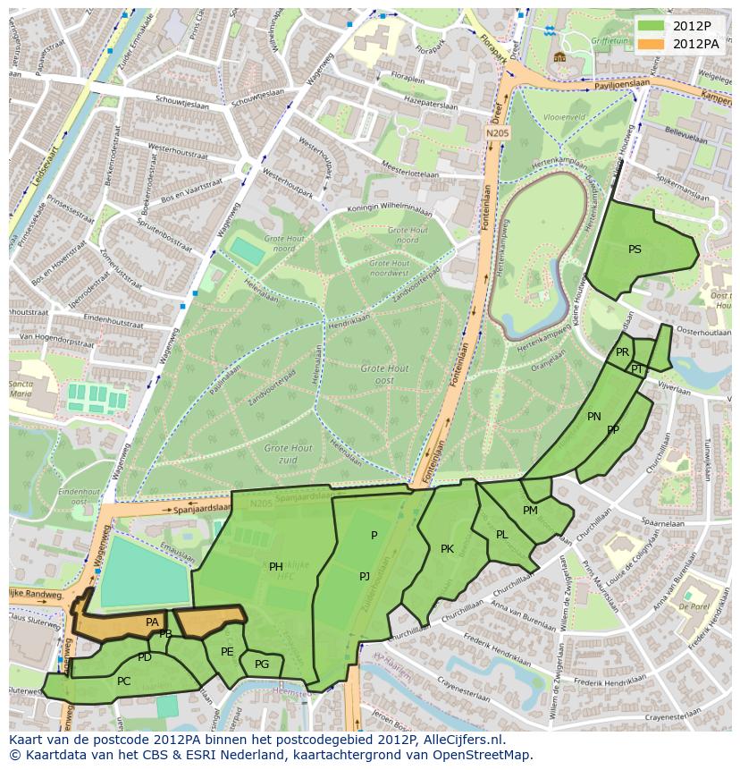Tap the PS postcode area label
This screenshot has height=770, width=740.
(635, 250)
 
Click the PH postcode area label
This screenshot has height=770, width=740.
(276, 566)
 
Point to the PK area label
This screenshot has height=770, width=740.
(447, 549)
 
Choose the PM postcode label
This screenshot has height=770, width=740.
(530, 511)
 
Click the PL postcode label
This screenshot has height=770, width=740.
(502, 535)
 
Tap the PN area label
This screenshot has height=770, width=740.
(594, 417)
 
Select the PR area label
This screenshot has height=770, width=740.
(622, 352)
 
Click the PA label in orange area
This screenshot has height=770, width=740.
(152, 622)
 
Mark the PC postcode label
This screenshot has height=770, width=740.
(123, 681)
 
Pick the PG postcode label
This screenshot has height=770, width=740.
(262, 664)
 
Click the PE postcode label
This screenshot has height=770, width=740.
(227, 652)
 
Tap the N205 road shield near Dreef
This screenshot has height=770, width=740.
(497, 133)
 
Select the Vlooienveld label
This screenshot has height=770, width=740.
(563, 117)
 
